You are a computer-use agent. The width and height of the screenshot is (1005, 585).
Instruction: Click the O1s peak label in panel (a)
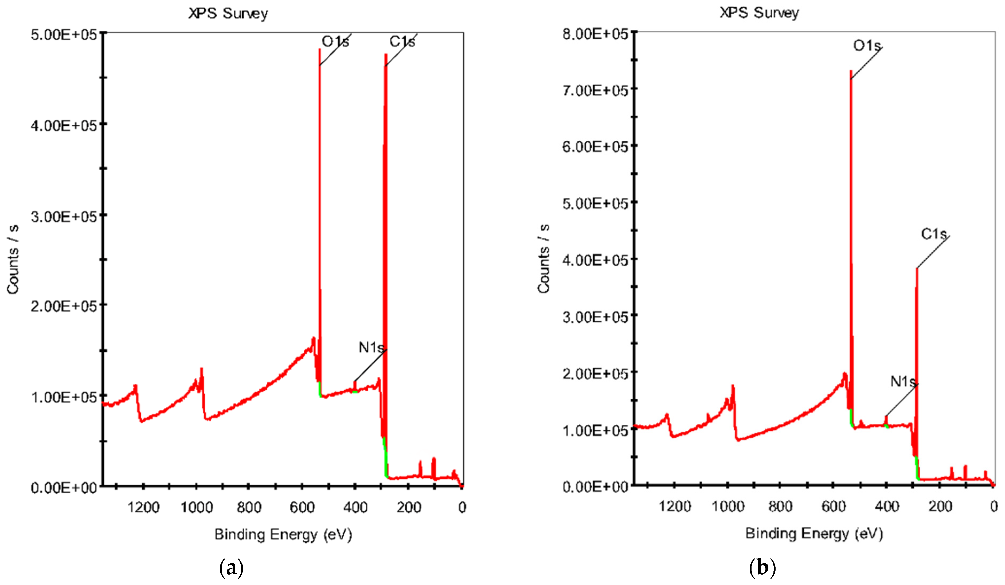tap(335, 41)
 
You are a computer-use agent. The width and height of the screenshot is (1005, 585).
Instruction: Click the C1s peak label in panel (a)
tap(402, 41)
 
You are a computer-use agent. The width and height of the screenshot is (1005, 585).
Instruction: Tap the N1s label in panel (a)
tap(371, 347)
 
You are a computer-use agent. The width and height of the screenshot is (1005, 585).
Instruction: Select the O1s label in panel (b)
tap(867, 46)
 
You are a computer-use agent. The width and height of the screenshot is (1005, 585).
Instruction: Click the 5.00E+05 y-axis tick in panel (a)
tap(64, 34)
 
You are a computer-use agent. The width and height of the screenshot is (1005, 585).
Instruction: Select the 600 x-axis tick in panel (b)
tap(834, 507)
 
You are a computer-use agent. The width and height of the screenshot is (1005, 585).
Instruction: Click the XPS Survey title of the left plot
tap(228, 14)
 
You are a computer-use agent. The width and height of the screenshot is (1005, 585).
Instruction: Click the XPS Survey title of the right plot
tap(759, 13)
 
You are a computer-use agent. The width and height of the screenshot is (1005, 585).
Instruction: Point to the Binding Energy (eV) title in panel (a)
tap(283, 534)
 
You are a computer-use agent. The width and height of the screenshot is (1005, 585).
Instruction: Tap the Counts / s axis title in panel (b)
tap(543, 259)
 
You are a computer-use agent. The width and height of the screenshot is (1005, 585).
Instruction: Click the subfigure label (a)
tap(231, 567)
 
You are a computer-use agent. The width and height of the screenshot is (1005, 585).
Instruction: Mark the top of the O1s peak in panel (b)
tap(851, 71)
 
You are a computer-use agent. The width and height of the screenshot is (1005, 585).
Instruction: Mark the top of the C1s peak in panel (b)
tap(917, 269)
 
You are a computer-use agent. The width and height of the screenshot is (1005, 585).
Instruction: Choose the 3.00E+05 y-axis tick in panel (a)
tap(64, 217)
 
